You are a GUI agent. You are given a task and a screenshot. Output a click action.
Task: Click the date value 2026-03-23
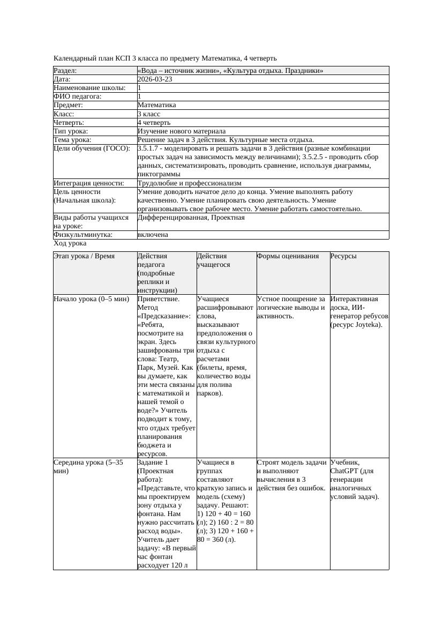[155, 79]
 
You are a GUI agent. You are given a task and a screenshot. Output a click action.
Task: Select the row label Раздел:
[65, 71]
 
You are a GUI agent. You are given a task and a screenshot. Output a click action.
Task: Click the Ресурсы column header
[343, 256]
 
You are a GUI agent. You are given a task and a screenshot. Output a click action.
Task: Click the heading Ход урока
[70, 243]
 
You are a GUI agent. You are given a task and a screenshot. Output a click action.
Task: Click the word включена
[153, 235]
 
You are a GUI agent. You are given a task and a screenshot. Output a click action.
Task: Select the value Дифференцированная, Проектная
[191, 218]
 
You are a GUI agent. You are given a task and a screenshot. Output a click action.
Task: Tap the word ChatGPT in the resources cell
[345, 471]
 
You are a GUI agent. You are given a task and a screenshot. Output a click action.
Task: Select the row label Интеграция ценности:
[89, 183]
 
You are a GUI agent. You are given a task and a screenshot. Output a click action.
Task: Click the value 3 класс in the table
[149, 114]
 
